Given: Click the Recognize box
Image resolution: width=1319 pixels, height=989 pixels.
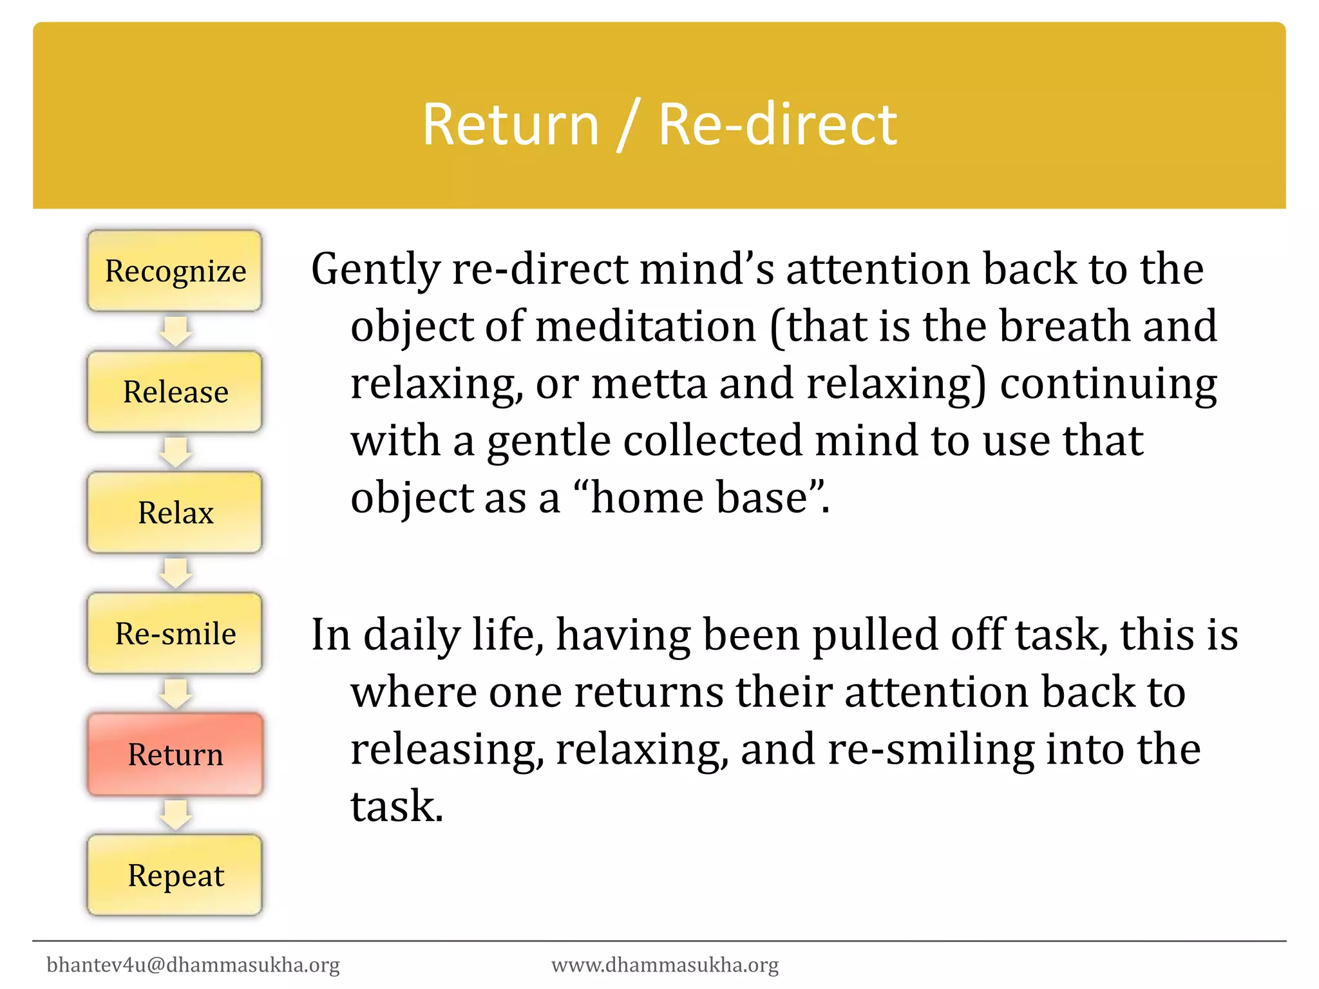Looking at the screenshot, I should (175, 271).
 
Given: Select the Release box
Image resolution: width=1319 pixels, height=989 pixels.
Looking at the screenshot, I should (175, 391).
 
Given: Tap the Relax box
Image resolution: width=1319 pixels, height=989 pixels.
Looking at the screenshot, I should (175, 513).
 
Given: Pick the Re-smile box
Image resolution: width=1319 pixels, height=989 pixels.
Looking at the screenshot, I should (175, 634).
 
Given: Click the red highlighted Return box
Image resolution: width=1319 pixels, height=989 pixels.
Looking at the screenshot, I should (175, 754).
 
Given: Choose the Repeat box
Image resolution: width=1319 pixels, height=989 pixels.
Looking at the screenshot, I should (175, 875).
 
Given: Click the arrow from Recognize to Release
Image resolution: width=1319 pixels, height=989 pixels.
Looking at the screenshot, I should (175, 331).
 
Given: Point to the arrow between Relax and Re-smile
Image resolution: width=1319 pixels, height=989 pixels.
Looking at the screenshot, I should (175, 572).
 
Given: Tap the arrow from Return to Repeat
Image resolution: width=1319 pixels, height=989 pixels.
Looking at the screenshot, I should (175, 815).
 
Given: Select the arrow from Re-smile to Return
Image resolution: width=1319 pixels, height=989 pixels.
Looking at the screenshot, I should (175, 693).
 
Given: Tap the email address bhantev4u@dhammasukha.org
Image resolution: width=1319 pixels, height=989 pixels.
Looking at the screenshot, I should (193, 965).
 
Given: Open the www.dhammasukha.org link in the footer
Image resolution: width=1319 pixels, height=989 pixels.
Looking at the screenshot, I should (665, 965).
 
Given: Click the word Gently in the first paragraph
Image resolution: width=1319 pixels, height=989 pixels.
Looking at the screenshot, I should (375, 269).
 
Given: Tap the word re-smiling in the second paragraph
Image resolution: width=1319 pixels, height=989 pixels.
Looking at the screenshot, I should (930, 749).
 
